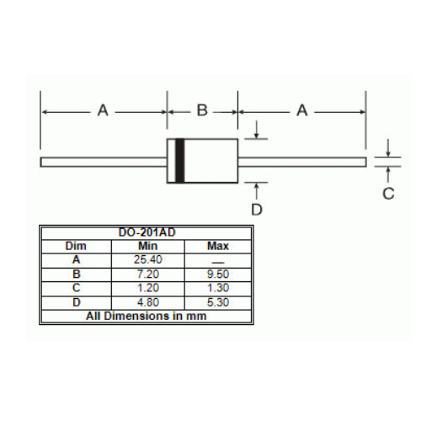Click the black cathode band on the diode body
tap(179, 161)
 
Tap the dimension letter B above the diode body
tap(202, 110)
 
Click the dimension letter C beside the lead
tap(388, 194)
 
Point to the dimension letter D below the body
tap(257, 210)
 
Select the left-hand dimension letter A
tap(103, 110)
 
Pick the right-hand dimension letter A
tap(302, 110)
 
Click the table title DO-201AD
tap(147, 232)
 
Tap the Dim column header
tap(76, 246)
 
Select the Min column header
tap(147, 246)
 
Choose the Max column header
tap(218, 246)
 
